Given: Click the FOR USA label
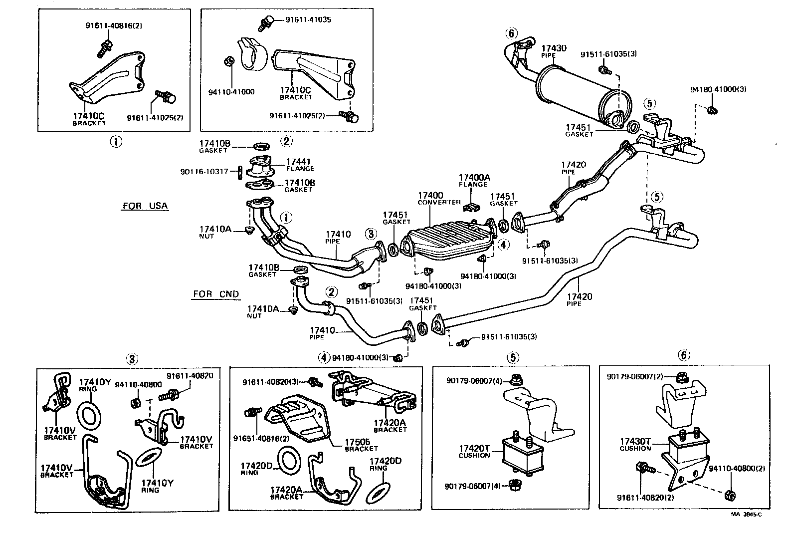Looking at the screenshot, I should click(145, 206).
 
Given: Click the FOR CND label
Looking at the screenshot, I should click(216, 294).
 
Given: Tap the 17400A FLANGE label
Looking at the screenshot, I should click(474, 180).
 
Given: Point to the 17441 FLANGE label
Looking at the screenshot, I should click(300, 165).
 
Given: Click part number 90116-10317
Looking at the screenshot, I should click(204, 171).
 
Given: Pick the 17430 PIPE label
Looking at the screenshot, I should click(554, 51).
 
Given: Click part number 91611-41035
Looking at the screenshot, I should click(308, 20).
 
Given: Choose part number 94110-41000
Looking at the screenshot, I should click(231, 92).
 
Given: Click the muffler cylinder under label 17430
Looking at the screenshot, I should click(579, 95).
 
